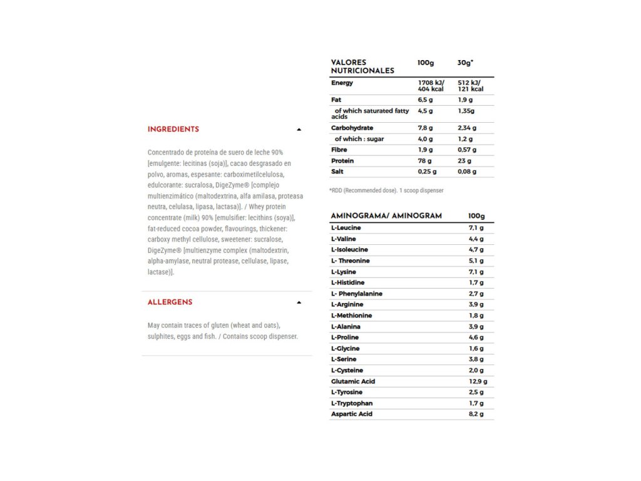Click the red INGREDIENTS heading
[173, 129]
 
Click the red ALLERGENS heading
[170, 302]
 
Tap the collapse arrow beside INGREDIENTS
[299, 130]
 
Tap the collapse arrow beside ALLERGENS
[299, 303]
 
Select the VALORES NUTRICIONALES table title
[362, 66]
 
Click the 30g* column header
[465, 63]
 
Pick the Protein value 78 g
[425, 161]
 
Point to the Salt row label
[337, 172]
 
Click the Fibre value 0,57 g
[466, 150]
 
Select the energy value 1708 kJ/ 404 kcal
[431, 86]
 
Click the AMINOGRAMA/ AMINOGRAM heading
[386, 215]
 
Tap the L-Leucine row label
[346, 228]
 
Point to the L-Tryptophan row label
[352, 403]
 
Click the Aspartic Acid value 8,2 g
[476, 414]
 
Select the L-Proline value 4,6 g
[476, 338]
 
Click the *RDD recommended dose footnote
[386, 190]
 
